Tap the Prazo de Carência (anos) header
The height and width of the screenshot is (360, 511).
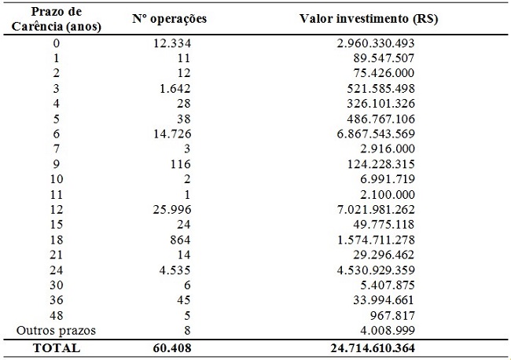point(56,20)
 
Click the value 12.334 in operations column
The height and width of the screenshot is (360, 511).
point(172,42)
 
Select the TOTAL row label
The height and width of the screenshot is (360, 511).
point(56,347)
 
